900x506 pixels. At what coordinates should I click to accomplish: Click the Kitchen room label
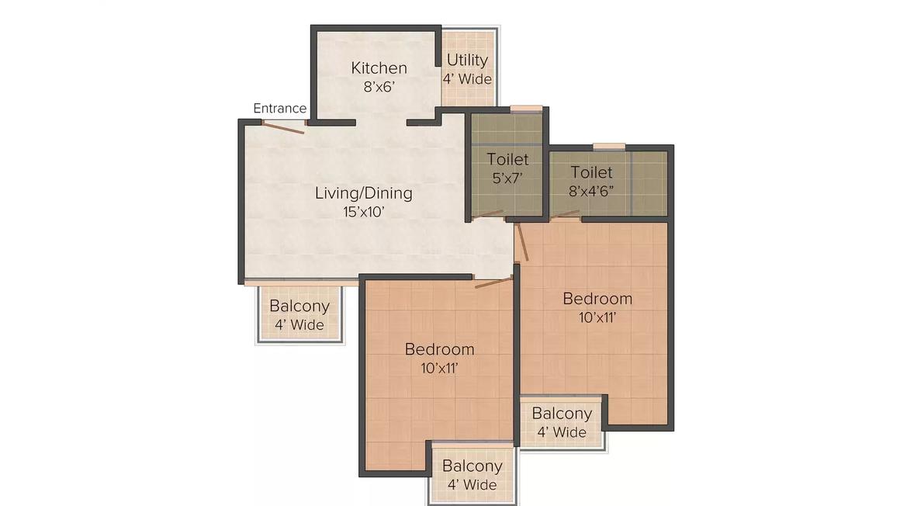(379, 68)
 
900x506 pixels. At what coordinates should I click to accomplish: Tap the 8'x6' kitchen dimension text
(379, 87)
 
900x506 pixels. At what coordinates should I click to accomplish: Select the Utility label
(467, 61)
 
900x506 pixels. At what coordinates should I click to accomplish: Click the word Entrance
(279, 108)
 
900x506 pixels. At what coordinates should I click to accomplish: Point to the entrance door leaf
(283, 127)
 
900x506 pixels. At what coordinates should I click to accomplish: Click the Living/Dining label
(363, 193)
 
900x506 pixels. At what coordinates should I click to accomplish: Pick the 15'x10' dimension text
(363, 212)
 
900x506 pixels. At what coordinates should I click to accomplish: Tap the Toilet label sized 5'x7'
(507, 159)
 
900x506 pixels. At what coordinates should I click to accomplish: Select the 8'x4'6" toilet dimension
(591, 191)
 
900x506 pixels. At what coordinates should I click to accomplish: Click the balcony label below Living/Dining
(299, 306)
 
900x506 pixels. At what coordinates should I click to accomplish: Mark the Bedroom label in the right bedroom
(597, 299)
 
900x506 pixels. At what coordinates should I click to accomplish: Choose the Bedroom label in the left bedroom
(439, 349)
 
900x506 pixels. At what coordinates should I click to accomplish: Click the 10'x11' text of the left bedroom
(439, 368)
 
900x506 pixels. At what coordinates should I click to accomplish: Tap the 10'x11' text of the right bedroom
(597, 317)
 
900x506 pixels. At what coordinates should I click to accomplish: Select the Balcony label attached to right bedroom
(562, 414)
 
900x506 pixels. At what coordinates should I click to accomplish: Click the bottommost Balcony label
(472, 466)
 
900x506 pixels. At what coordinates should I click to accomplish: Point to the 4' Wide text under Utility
(467, 79)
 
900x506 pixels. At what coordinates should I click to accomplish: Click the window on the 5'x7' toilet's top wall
(526, 108)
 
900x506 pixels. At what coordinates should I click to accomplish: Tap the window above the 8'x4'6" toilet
(609, 147)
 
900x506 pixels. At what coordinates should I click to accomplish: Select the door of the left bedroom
(493, 282)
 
